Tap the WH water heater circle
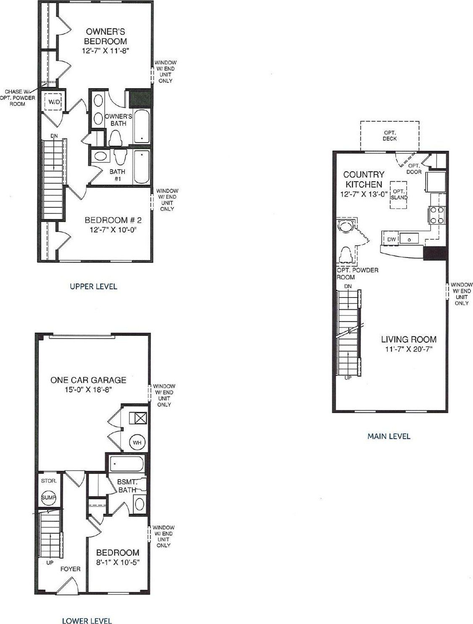pyautogui.click(x=137, y=442)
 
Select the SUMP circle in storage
pyautogui.click(x=49, y=498)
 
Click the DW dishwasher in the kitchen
pyautogui.click(x=392, y=240)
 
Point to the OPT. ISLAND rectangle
pyautogui.click(x=398, y=195)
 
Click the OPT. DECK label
pyautogui.click(x=390, y=136)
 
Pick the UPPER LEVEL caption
pyautogui.click(x=93, y=286)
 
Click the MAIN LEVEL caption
pyautogui.click(x=389, y=436)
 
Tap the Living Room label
pyautogui.click(x=409, y=339)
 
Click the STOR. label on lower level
pyautogui.click(x=49, y=481)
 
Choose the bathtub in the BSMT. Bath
pyautogui.click(x=127, y=463)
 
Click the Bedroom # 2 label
pyautogui.click(x=113, y=220)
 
